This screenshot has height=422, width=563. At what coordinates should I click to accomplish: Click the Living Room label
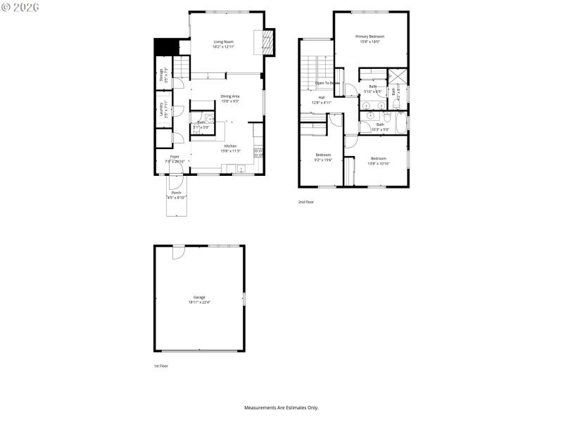point(224,42)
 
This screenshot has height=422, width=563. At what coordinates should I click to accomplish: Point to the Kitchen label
point(230,146)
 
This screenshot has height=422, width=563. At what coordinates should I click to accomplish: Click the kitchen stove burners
point(259,151)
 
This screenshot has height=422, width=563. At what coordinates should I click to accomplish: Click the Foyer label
point(175,157)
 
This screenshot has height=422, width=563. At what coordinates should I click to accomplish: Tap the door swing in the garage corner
point(178,252)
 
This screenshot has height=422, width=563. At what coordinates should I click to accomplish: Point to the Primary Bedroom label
point(369,37)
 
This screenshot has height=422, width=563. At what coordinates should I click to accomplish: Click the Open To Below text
point(327,83)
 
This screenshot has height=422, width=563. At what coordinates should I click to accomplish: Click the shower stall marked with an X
point(398,77)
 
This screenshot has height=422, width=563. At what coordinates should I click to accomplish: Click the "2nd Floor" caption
point(306,202)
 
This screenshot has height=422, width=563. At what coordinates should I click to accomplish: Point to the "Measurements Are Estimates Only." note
point(281,407)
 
